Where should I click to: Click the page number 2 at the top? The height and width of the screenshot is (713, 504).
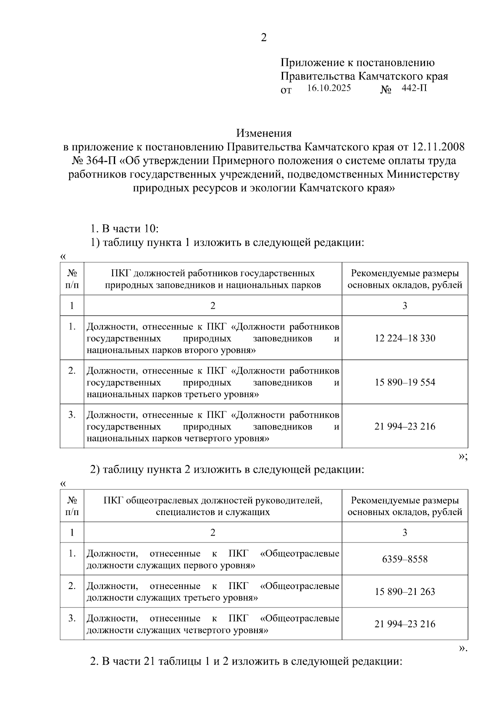coord(263,38)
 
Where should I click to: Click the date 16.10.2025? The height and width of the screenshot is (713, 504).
coord(329,88)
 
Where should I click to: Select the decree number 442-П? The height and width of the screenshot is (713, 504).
coord(414,88)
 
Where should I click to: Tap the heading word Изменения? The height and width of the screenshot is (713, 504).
coord(263,134)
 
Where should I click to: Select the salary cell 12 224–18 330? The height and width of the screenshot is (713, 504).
coord(404,338)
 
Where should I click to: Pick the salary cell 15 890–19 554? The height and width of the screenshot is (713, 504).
coord(404,382)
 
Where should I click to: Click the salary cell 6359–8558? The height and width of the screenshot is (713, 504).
coord(404,559)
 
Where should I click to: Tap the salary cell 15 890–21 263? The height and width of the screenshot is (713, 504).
coord(404,592)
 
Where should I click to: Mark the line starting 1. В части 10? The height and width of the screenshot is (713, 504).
coord(125,229)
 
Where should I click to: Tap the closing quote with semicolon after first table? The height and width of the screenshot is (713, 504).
coord(462,457)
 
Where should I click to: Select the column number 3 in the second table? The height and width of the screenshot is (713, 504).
coord(404,533)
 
